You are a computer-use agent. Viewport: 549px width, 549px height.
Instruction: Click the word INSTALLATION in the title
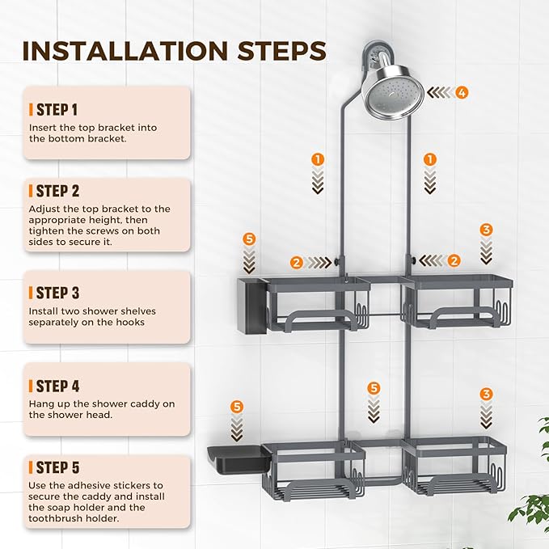coord(125,51)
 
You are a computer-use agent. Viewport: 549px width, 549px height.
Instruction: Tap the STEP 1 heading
coord(57,110)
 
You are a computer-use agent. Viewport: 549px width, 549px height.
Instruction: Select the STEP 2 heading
coord(57,191)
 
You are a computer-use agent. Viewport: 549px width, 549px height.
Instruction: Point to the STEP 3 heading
coord(57,293)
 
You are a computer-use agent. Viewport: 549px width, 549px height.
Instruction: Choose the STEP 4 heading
coord(57,386)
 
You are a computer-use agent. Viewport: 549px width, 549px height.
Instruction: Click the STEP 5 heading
coord(57,467)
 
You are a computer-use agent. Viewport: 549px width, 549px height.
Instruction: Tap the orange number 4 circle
coord(462,93)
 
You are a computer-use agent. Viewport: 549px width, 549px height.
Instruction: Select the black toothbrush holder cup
coord(251,305)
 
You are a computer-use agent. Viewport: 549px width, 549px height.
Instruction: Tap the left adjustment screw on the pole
coord(337,261)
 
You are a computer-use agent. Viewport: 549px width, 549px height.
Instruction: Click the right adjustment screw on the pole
coord(413,260)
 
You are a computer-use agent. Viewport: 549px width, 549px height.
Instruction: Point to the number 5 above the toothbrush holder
coord(249,239)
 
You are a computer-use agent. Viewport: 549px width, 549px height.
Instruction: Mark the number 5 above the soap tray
coord(237,407)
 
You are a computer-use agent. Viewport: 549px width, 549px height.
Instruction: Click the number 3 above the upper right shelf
coord(486,230)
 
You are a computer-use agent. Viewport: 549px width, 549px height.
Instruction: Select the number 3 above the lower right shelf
coord(486,394)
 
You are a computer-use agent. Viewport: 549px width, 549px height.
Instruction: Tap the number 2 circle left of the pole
coord(297,262)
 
